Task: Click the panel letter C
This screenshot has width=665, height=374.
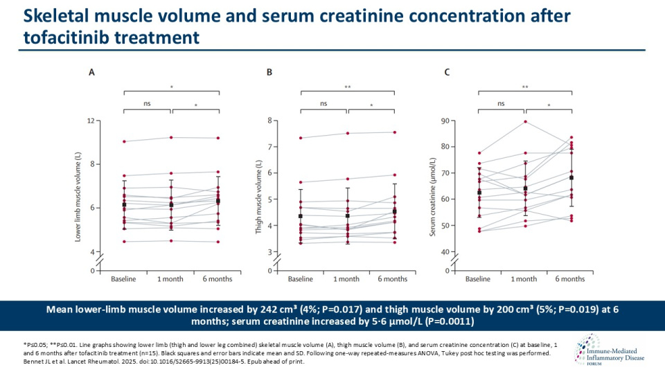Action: [447, 71]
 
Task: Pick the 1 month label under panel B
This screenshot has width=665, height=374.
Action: [346, 279]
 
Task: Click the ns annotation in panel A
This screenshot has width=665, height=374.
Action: [147, 103]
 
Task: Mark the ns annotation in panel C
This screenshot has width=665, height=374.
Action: [501, 103]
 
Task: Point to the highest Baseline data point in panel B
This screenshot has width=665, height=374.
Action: [301, 138]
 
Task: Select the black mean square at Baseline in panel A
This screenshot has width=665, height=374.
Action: [124, 205]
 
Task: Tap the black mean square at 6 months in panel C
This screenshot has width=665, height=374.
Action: [571, 178]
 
